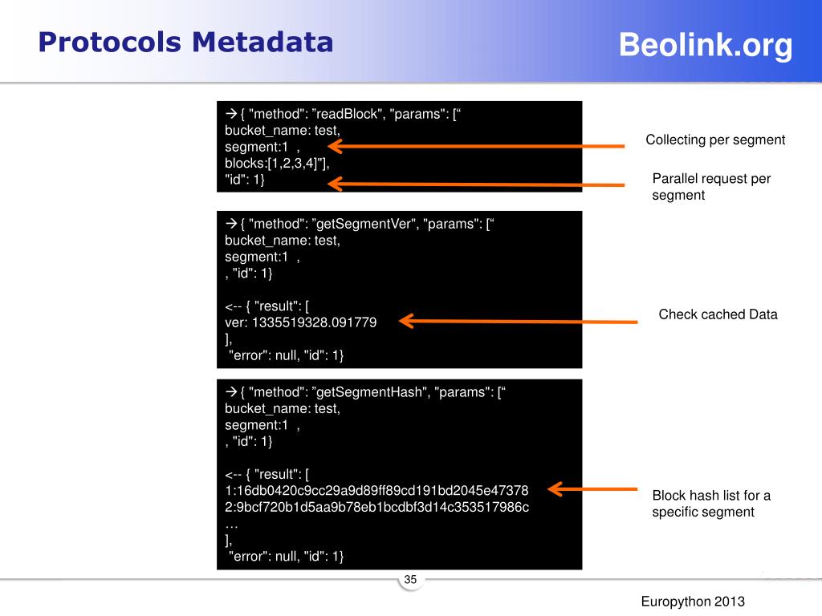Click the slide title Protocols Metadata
coord(185,42)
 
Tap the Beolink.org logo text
coord(706,46)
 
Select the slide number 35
coord(411,580)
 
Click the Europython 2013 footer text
coord(693,602)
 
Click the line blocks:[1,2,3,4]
coord(276,163)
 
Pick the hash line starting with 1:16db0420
coord(376,490)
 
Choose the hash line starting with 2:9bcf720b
coord(376,507)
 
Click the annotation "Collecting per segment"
coord(715,140)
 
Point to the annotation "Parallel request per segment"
coord(710,186)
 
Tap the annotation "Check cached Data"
coord(718,314)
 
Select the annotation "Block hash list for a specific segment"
coord(710,503)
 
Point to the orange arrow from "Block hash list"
coord(590,488)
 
